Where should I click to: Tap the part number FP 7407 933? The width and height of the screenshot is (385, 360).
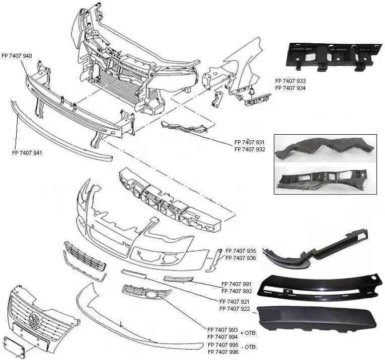tap(290, 81)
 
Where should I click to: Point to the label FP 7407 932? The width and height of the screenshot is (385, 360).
tap(250, 149)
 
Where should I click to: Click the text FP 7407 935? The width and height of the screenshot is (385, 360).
tap(241, 250)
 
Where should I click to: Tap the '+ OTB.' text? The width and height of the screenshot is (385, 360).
tap(250, 333)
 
